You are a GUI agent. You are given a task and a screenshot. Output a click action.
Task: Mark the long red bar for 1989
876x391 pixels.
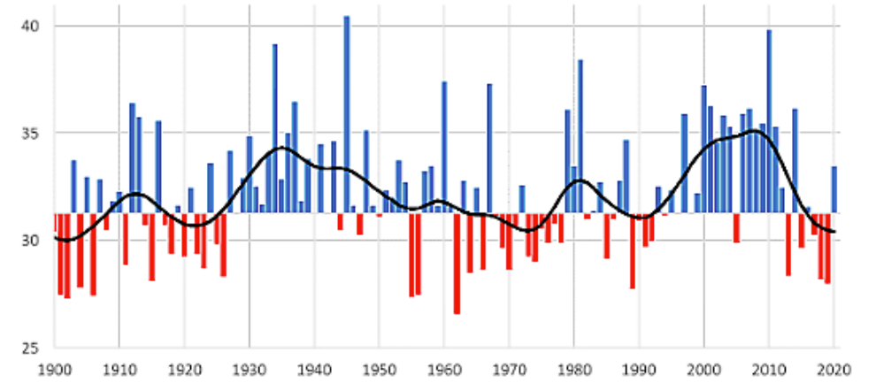tap(632, 251)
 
